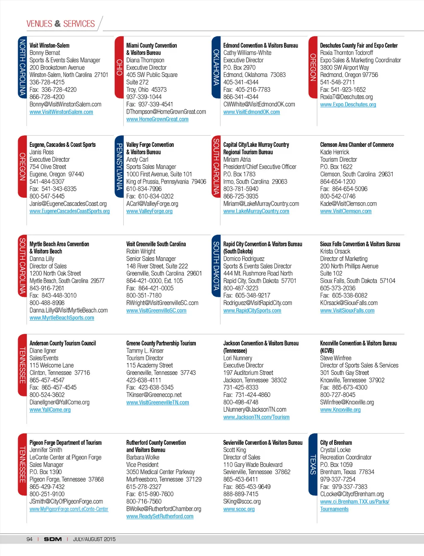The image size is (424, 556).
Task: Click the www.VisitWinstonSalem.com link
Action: click(61, 112)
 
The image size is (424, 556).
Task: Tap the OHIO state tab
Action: click(119, 67)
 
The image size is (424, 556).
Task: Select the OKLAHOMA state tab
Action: click(216, 67)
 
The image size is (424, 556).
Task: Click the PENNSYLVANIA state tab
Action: click(119, 166)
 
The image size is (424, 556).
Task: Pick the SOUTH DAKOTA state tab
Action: click(216, 265)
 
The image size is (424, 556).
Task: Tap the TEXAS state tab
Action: click(313, 464)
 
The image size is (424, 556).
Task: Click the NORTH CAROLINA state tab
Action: click(22, 67)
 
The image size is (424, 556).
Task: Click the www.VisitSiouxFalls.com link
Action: click(347, 311)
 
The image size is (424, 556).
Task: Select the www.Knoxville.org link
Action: click(340, 410)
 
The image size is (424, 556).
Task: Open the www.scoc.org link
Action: click(239, 509)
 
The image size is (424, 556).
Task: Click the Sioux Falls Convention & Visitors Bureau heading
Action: click(360, 244)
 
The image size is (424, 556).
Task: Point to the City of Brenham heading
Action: click(336, 443)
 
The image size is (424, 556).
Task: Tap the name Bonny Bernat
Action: click(45, 53)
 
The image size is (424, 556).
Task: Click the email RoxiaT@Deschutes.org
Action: click(346, 97)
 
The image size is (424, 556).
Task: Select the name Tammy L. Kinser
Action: click(145, 351)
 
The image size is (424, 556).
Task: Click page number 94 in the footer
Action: click(29, 539)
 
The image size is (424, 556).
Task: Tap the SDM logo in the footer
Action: click(53, 539)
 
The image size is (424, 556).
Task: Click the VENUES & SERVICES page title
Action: click(60, 24)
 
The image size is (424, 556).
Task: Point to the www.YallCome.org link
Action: click(50, 410)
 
